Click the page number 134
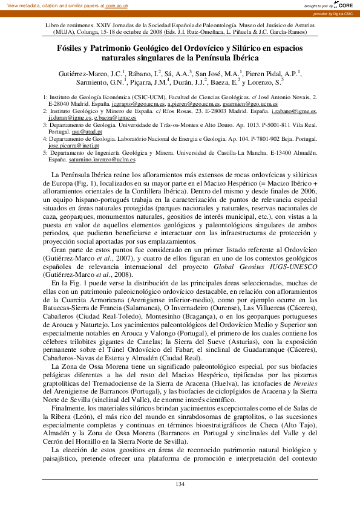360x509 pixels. tap(180, 484)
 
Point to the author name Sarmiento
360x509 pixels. tap(97, 83)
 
